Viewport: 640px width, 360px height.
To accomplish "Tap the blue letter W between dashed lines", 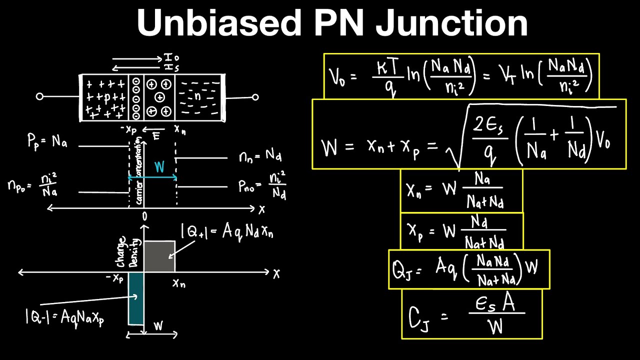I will point(159,166).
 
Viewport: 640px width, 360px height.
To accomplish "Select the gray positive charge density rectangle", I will point(159,256).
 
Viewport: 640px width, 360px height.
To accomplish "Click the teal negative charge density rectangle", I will point(136,298).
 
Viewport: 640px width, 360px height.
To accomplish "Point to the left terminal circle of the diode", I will point(40,96).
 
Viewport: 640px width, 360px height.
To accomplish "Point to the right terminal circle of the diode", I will point(255,97).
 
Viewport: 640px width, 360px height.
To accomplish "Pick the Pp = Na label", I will point(47,141).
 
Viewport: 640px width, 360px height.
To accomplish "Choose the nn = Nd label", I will point(260,157).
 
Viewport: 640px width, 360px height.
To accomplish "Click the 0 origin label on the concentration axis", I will point(144,216).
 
